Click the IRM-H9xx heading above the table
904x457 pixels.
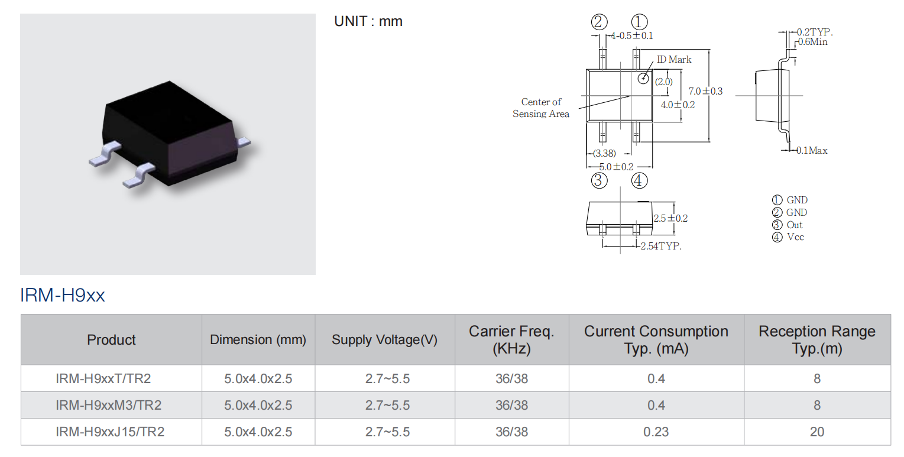pyautogui.click(x=62, y=295)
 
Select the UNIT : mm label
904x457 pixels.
pyautogui.click(x=368, y=21)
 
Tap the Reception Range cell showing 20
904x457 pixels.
pyautogui.click(x=817, y=432)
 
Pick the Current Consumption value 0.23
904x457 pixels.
pyautogui.click(x=656, y=432)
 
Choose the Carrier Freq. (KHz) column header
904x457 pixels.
pyautogui.click(x=511, y=339)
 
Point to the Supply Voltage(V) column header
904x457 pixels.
pyautogui.click(x=385, y=339)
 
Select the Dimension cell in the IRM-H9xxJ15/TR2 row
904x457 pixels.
pyautogui.click(x=258, y=432)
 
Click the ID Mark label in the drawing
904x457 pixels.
pyautogui.click(x=674, y=59)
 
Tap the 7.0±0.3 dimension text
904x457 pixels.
pyautogui.click(x=705, y=91)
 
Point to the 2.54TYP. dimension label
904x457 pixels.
pyautogui.click(x=661, y=246)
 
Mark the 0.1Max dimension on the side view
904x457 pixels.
pyautogui.click(x=812, y=151)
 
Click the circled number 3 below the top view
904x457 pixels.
pyautogui.click(x=599, y=180)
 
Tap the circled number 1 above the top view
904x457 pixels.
pyautogui.click(x=639, y=22)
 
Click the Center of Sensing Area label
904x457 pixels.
pyautogui.click(x=541, y=108)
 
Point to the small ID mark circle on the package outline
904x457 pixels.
pyautogui.click(x=643, y=78)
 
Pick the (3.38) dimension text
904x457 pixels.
pyautogui.click(x=604, y=153)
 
